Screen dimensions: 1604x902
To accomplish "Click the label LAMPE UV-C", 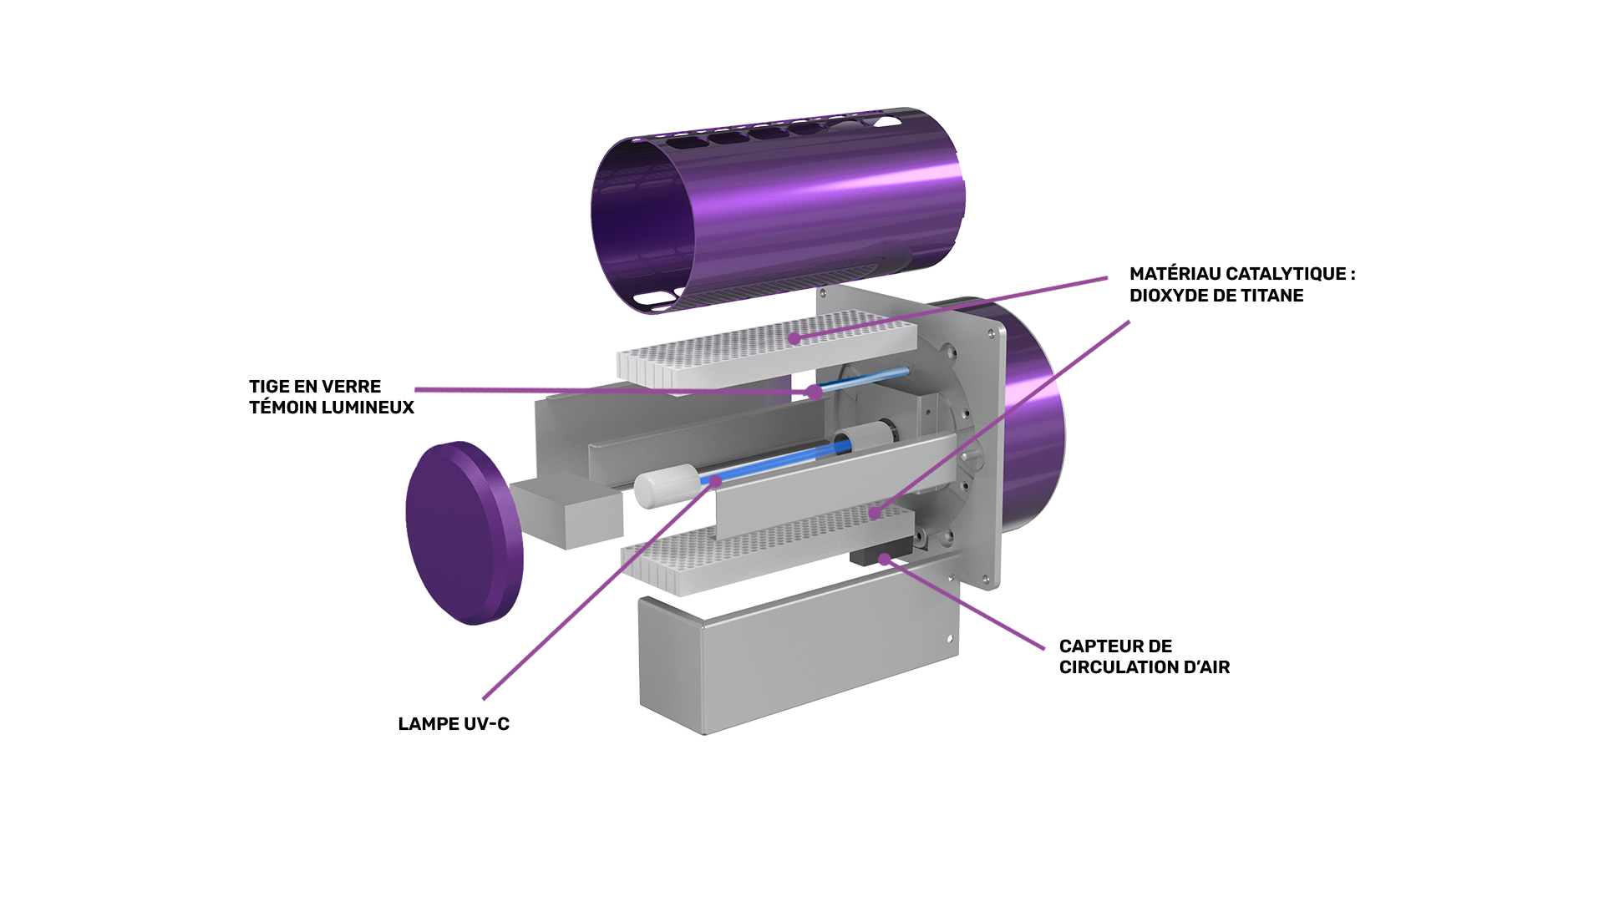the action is click(454, 724).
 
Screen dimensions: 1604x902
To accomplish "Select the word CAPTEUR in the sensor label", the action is click(1095, 646).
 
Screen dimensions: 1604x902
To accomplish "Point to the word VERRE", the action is click(353, 387).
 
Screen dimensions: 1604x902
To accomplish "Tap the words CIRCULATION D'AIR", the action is click(1145, 667).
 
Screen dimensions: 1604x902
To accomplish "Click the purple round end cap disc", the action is click(464, 533).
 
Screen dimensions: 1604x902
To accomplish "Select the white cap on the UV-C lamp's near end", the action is click(666, 486).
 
